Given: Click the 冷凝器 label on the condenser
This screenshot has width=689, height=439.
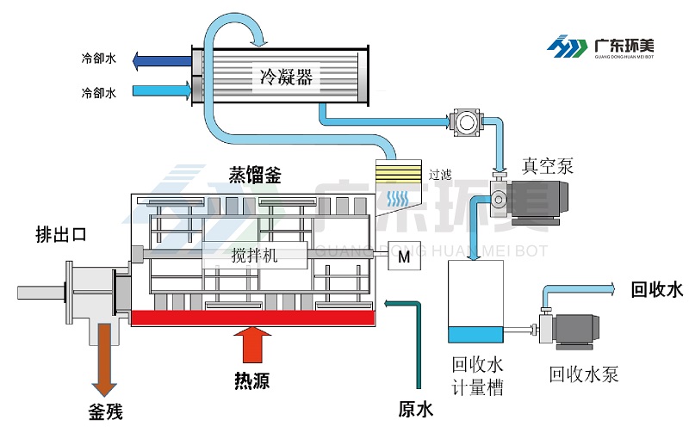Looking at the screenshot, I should (x=285, y=77).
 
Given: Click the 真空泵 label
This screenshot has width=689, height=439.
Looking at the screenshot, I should (x=548, y=165).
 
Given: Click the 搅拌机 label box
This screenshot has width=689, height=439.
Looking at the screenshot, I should (x=255, y=253).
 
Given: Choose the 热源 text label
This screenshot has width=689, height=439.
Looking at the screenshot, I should (x=251, y=380).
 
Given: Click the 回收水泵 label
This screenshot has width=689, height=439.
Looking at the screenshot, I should (x=584, y=374).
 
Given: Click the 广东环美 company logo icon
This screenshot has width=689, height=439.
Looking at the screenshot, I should (x=568, y=45).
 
